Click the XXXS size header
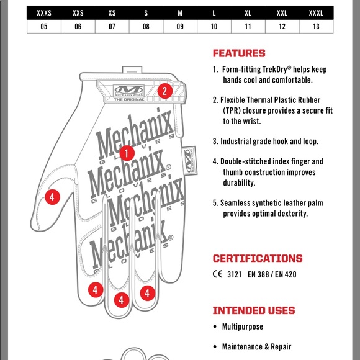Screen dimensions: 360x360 pyautogui.click(x=44, y=13)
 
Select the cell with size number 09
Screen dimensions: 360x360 pyautogui.click(x=180, y=27)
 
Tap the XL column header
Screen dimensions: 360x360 pyautogui.click(x=248, y=13)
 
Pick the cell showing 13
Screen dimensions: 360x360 pyautogui.click(x=316, y=27)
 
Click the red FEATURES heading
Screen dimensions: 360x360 pyautogui.click(x=239, y=53)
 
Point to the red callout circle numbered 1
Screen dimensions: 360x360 pyautogui.click(x=127, y=153)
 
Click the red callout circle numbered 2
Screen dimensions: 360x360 pyautogui.click(x=165, y=91)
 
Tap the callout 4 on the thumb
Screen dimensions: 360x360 pyautogui.click(x=52, y=197)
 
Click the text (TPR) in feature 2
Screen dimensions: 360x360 pyautogui.click(x=232, y=110)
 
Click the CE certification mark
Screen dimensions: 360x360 pyautogui.click(x=217, y=274)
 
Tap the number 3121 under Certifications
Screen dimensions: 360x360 pyautogui.click(x=234, y=274)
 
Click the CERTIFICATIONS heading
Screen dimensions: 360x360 pyautogui.click(x=258, y=259)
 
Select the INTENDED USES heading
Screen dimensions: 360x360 pyautogui.click(x=254, y=310)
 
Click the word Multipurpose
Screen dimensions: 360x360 pyautogui.click(x=243, y=326)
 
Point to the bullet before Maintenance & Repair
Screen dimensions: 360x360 pyautogui.click(x=215, y=347)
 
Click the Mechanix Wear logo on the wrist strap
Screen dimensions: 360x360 pyautogui.click(x=129, y=91)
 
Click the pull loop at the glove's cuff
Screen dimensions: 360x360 pyautogui.click(x=132, y=70)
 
